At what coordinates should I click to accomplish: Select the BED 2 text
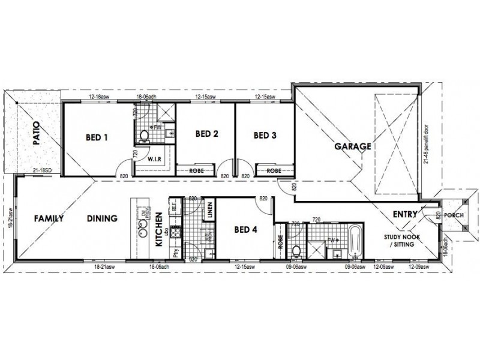coord(207,134)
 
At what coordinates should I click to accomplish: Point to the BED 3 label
coord(265,135)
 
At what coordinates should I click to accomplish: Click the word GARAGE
coord(352,146)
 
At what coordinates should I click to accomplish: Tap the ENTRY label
coord(406,214)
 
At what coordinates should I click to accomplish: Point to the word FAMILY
coord(49,218)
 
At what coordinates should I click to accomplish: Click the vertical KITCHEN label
coord(159,230)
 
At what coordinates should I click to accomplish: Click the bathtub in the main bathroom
coord(354,242)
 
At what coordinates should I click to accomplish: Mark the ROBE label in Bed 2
coord(197,171)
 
